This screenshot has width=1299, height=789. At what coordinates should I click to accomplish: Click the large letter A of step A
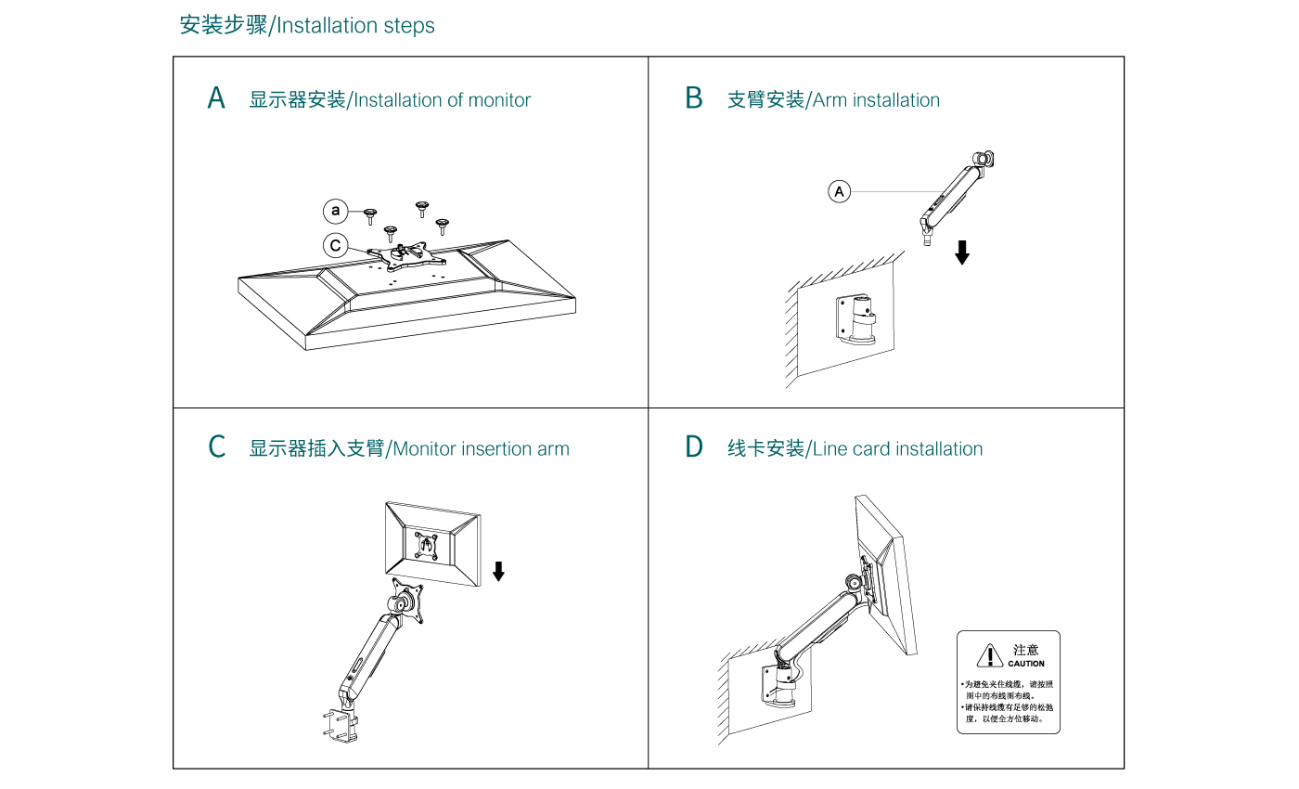click(x=216, y=98)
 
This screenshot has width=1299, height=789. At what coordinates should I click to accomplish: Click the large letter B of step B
click(x=694, y=98)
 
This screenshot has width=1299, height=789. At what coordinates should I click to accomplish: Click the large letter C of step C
click(x=216, y=447)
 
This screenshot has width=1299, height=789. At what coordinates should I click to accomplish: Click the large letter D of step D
click(x=694, y=447)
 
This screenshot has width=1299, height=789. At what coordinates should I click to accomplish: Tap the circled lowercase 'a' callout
click(x=336, y=212)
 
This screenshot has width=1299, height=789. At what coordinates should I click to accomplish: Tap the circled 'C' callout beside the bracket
click(x=336, y=246)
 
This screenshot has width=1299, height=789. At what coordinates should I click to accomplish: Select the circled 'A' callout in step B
click(x=839, y=192)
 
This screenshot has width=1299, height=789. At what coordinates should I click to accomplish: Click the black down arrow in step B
click(x=962, y=252)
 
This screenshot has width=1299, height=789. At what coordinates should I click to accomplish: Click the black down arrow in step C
click(x=498, y=571)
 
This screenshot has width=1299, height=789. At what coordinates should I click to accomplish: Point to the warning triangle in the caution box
click(x=989, y=655)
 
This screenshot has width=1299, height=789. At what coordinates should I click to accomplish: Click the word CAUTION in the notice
click(x=1026, y=664)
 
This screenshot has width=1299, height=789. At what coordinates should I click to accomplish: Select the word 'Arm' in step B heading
click(x=830, y=100)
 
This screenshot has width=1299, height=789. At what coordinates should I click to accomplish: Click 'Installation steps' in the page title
click(x=356, y=26)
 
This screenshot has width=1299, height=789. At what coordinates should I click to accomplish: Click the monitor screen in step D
click(x=887, y=576)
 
